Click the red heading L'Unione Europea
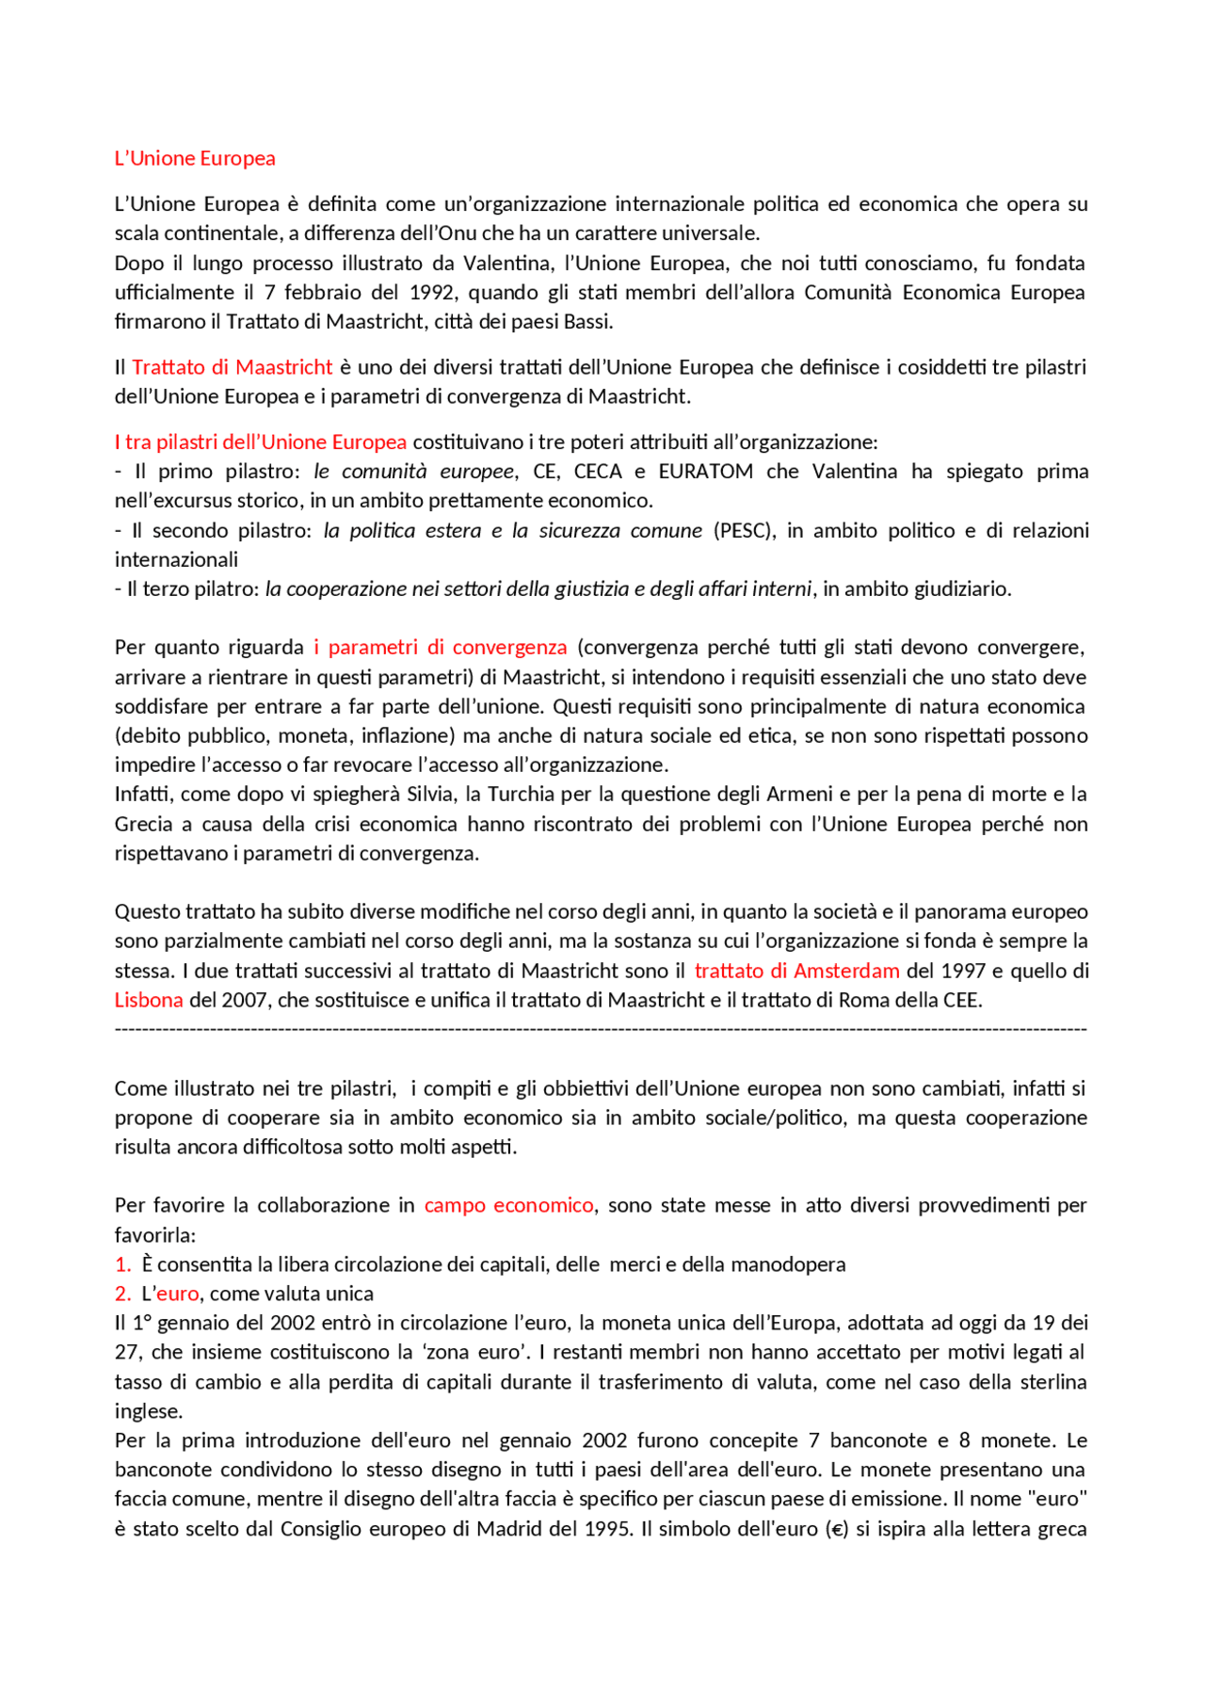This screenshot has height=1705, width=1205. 195,158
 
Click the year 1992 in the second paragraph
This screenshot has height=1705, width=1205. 432,292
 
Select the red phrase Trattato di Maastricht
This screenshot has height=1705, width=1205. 232,367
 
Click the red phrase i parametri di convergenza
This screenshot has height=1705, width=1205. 441,647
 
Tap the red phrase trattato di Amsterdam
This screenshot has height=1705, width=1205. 796,971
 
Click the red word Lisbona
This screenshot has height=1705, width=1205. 149,1000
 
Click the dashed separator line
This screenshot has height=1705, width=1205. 601,1029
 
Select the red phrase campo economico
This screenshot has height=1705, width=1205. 508,1205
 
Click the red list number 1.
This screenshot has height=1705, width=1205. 121,1264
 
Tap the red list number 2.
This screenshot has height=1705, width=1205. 121,1294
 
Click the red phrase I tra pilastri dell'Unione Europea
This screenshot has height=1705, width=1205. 261,442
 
